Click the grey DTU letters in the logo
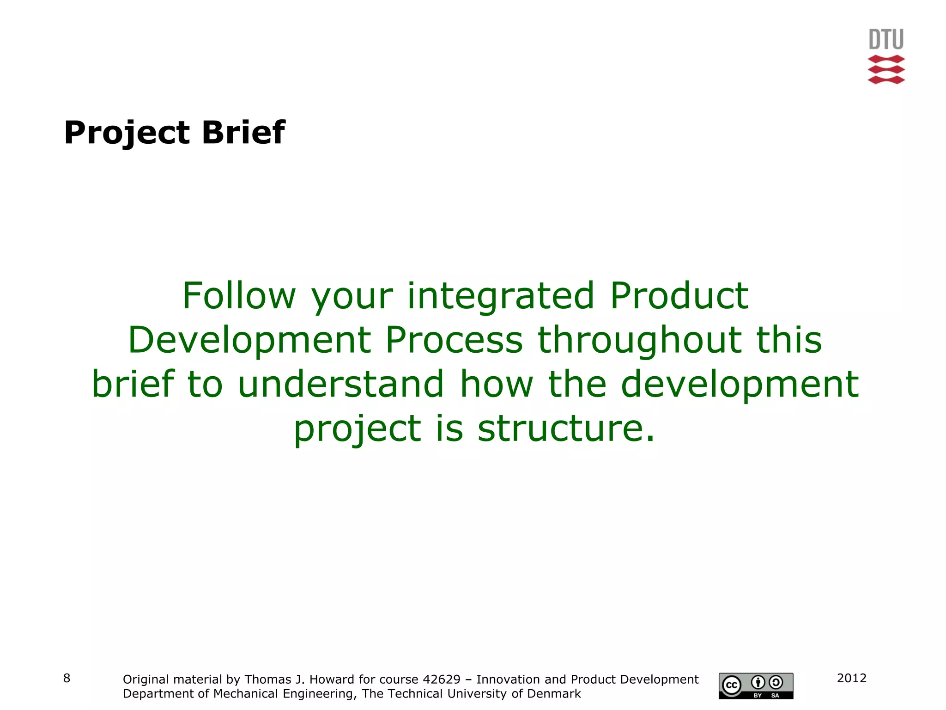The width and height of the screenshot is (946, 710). click(x=886, y=39)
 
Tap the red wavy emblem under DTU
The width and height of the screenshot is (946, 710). click(x=886, y=70)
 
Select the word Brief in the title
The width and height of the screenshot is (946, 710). click(x=243, y=132)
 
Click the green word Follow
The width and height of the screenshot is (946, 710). click(x=239, y=296)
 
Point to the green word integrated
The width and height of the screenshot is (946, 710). click(x=500, y=297)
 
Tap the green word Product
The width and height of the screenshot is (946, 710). click(x=679, y=296)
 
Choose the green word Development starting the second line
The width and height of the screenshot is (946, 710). click(x=249, y=340)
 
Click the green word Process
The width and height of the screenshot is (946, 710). click(x=454, y=340)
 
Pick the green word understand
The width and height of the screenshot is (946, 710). click(x=340, y=384)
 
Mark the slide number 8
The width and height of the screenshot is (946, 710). click(x=67, y=678)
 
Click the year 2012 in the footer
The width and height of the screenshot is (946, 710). click(x=851, y=678)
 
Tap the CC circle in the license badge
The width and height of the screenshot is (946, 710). click(x=732, y=685)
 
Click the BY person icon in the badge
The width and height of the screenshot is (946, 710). click(x=758, y=682)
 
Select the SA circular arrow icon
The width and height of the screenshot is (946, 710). click(x=776, y=682)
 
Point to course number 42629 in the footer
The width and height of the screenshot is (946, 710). click(x=442, y=679)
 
